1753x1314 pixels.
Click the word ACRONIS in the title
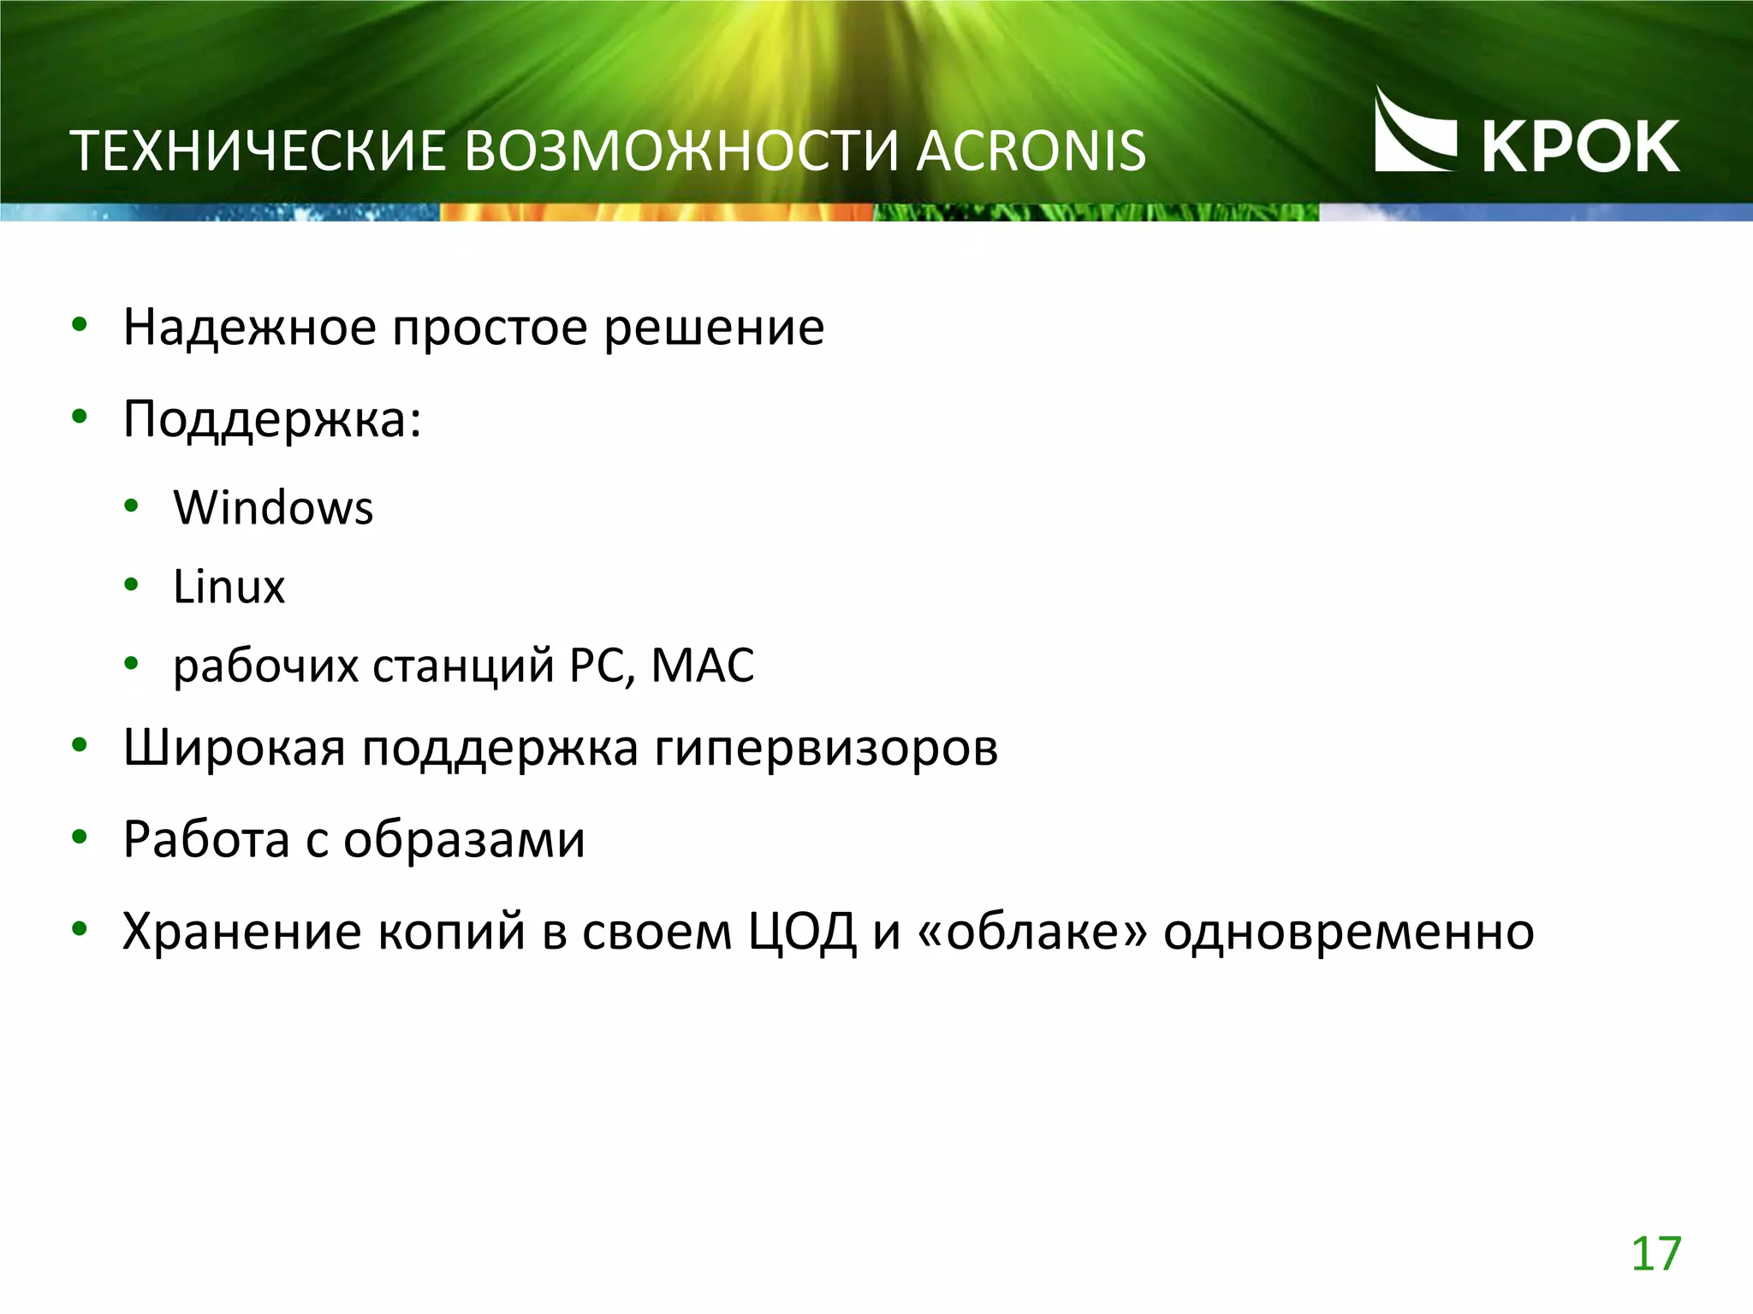(1031, 151)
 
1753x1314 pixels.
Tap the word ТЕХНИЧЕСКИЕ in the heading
(257, 151)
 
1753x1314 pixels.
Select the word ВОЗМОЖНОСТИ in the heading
(682, 151)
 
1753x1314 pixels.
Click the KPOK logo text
(1580, 147)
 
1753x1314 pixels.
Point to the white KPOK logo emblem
(1413, 133)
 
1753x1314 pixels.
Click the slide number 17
(1655, 1254)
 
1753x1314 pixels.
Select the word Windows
(273, 507)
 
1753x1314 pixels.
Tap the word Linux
(229, 587)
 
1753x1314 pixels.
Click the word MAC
(703, 666)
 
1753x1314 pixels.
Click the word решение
(714, 328)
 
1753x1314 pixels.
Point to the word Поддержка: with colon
(272, 420)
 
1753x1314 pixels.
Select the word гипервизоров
(827, 749)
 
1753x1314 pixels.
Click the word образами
(464, 839)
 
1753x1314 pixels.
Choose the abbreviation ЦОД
(802, 932)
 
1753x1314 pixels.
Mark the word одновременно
(1348, 932)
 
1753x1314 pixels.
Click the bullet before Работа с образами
(80, 838)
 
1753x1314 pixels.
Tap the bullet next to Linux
(131, 586)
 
